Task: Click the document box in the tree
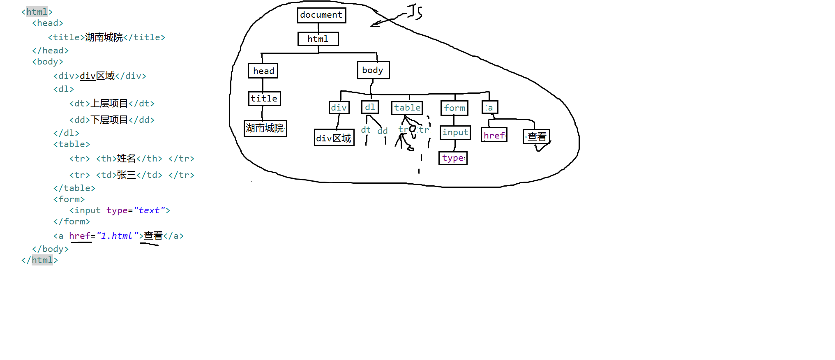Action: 321,15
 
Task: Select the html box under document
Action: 318,39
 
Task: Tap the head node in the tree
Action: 263,71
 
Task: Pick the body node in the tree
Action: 373,70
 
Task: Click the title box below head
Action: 264,99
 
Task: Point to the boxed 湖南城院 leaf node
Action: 265,128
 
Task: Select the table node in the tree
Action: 407,108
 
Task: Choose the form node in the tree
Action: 454,108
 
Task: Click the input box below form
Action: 455,132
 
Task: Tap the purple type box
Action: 453,158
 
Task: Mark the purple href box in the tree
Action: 494,135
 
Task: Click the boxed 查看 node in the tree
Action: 536,136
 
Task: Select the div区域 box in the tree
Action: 334,138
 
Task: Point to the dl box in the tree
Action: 370,107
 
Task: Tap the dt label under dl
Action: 366,130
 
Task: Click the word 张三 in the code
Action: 126,175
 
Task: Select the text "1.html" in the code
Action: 117,236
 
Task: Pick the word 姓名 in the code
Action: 126,159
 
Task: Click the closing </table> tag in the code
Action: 74,188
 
